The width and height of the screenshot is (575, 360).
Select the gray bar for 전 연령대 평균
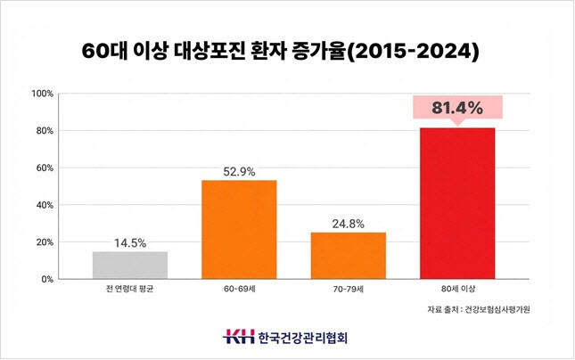(x=130, y=265)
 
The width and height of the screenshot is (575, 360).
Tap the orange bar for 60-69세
(x=239, y=229)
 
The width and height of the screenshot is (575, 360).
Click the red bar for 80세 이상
(x=457, y=203)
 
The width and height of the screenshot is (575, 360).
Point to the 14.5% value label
(x=130, y=242)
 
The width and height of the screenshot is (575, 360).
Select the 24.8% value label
(x=348, y=223)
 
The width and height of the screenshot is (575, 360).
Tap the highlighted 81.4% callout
(x=457, y=109)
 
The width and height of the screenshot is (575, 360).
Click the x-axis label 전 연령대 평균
(x=130, y=290)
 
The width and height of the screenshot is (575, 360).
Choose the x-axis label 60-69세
(x=239, y=290)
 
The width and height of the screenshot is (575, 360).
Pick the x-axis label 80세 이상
(x=457, y=290)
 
